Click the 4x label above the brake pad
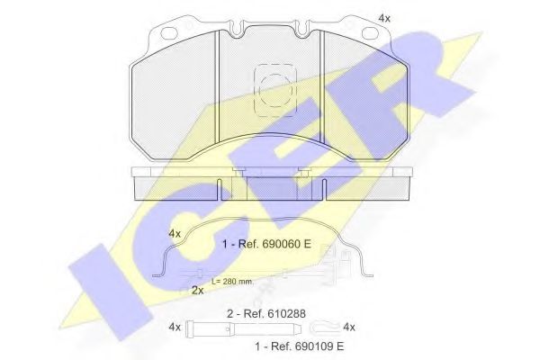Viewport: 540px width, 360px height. (384, 18)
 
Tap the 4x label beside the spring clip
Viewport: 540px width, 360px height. (175, 233)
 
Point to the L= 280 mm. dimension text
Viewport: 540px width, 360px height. (232, 282)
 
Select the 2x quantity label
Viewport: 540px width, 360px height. (197, 290)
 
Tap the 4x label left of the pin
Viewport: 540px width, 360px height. (175, 326)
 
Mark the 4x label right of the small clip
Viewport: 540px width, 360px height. (351, 326)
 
